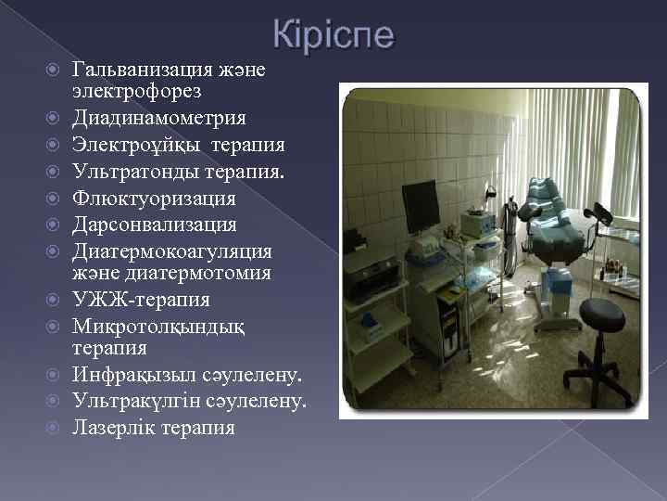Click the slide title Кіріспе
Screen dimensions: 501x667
[x=333, y=36]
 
